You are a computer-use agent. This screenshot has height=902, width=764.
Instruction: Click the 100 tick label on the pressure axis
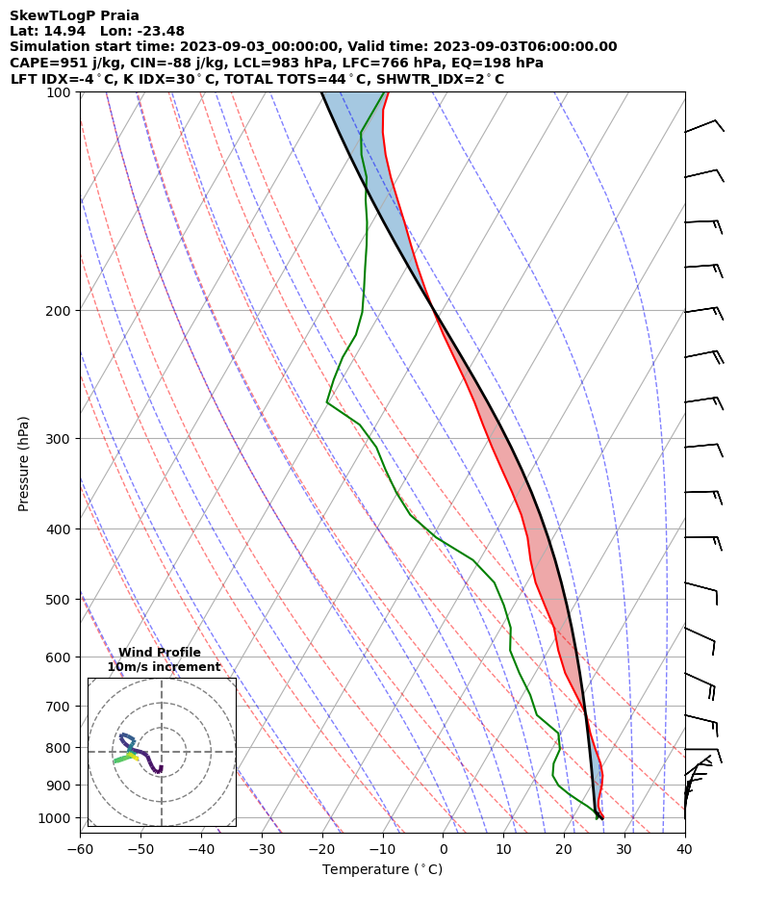coord(61,92)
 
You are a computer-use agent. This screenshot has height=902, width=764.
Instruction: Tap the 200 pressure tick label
coord(61,311)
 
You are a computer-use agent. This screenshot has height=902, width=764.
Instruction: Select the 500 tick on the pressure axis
coord(61,600)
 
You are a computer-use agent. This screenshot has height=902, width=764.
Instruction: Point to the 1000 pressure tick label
coord(57,818)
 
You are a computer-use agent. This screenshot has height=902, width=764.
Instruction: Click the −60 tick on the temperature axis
coord(80,849)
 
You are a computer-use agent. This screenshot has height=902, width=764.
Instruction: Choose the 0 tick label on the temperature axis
coord(443,849)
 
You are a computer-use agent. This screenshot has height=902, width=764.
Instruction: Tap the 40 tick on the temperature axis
coord(684,849)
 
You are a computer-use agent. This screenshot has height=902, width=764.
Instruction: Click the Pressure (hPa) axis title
coord(24,463)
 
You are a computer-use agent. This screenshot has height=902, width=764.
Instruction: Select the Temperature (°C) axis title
coord(382,870)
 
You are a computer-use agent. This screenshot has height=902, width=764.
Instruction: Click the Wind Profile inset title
coord(160,653)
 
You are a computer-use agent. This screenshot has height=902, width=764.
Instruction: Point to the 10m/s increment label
coord(164,667)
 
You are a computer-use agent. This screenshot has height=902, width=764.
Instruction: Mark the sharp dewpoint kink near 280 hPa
coord(327,402)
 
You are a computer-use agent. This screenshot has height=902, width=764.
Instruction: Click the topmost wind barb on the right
coord(704,126)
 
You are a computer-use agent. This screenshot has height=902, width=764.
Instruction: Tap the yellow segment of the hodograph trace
coord(134,758)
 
